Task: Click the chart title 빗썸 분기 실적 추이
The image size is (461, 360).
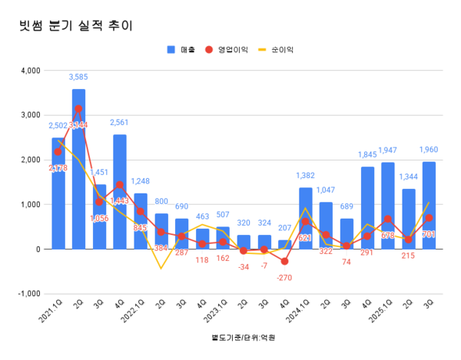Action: [75, 25]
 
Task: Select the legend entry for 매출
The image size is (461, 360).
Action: [181, 49]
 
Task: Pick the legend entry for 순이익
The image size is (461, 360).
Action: [278, 49]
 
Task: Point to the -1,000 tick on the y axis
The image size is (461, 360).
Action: [28, 294]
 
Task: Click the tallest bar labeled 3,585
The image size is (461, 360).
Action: [78, 169]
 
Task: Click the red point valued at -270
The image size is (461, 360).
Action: [284, 262]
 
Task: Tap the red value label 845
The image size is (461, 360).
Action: [140, 227]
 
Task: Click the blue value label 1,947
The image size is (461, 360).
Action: [409, 150]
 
